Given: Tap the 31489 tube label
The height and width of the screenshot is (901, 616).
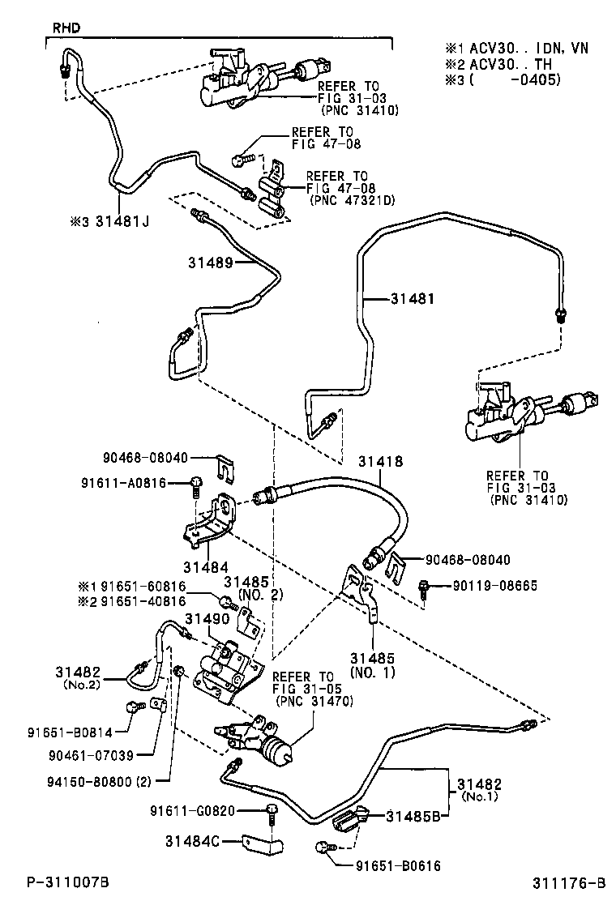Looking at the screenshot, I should tap(211, 263).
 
